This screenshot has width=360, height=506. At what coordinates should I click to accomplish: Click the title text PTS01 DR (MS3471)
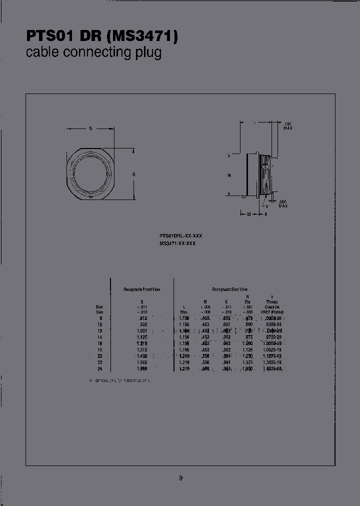(101, 36)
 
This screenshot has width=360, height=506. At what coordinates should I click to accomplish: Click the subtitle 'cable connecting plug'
(93, 52)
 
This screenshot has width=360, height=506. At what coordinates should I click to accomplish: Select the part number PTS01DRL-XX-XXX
(180, 235)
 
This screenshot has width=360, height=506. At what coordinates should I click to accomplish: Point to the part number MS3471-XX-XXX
(177, 242)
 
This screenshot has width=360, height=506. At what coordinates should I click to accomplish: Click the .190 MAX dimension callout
(288, 126)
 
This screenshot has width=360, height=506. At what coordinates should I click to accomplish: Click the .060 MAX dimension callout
(283, 203)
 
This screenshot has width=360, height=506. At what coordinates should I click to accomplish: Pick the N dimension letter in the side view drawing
(228, 175)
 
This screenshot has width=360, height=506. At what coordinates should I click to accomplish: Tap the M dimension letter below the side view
(249, 214)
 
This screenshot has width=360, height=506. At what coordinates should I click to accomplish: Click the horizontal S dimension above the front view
(90, 128)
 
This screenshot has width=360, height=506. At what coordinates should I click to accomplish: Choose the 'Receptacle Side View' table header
(229, 289)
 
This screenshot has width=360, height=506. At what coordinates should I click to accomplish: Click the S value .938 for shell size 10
(141, 324)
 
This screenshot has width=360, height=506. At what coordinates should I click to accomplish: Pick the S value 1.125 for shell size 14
(141, 337)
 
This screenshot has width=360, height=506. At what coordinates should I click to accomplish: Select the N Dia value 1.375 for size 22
(247, 362)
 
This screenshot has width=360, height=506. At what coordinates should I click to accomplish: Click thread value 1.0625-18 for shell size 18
(272, 349)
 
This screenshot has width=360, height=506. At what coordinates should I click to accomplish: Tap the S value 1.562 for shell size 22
(141, 362)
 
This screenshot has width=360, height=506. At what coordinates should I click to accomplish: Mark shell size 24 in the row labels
(100, 368)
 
